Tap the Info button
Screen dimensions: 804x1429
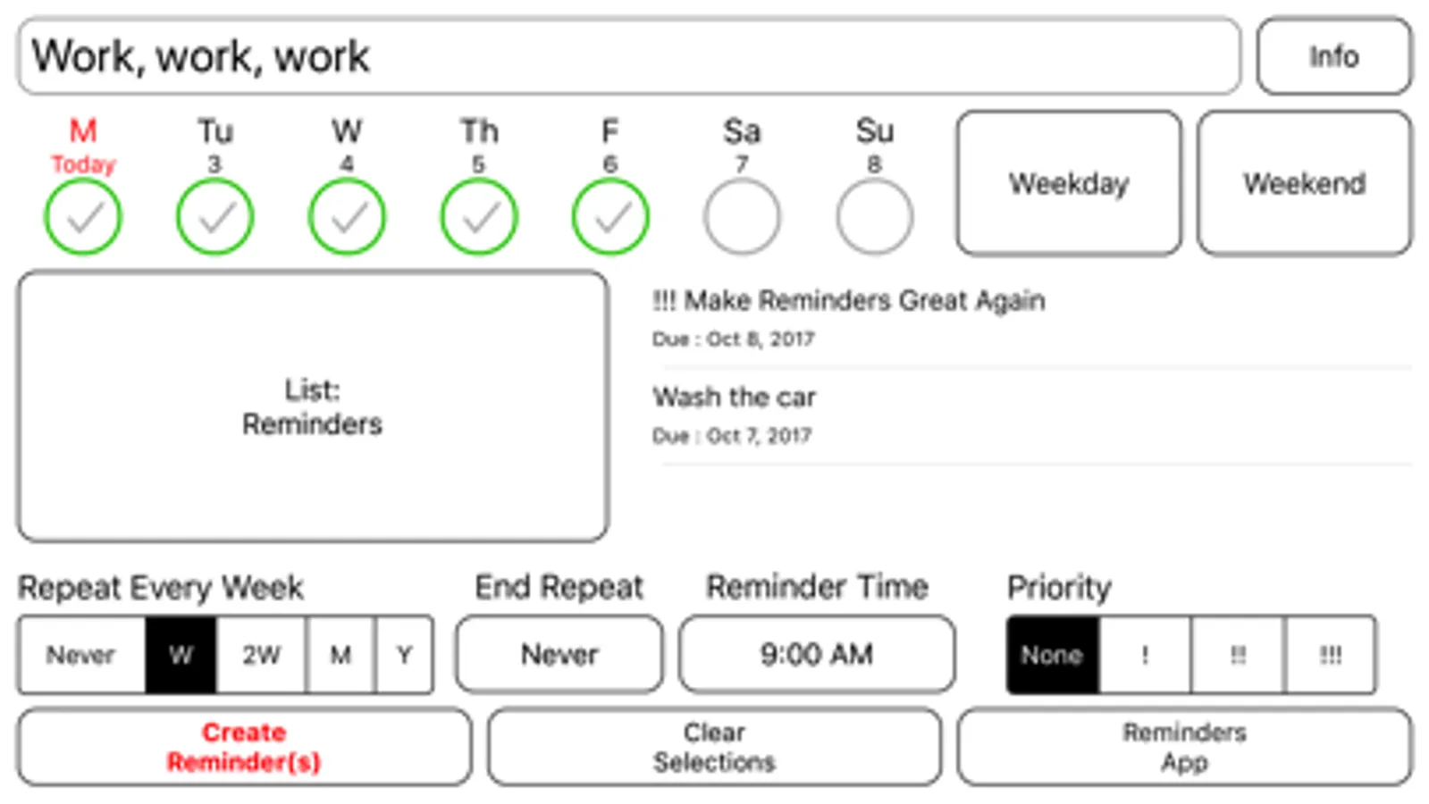coord(1333,56)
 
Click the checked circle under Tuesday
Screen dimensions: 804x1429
coord(214,217)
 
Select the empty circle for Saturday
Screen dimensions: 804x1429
coord(742,217)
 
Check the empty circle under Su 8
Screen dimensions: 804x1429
coord(874,217)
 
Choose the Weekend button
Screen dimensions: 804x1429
coord(1304,183)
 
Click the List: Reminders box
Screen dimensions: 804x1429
coord(313,406)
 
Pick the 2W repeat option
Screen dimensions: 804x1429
coord(261,655)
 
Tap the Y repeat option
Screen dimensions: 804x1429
coord(404,655)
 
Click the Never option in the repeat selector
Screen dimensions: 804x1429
coord(81,655)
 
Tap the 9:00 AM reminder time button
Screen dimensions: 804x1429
coord(816,655)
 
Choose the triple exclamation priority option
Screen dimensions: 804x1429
coord(1330,655)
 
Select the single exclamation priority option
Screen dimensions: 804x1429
coord(1145,655)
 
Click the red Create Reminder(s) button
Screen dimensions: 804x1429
coord(243,747)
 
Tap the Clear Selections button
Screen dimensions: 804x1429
coord(714,747)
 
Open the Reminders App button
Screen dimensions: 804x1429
coord(1184,747)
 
